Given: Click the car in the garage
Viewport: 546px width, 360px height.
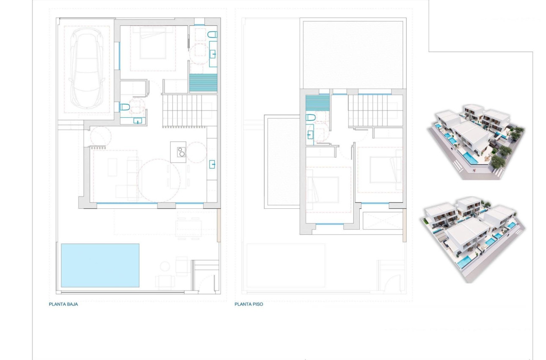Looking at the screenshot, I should point(88,69).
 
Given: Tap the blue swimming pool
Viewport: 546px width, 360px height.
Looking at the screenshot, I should point(100,265).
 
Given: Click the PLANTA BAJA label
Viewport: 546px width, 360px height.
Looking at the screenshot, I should point(63,304).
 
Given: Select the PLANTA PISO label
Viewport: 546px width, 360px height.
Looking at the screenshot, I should point(249,304).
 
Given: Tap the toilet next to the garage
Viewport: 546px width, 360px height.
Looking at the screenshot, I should point(124,107).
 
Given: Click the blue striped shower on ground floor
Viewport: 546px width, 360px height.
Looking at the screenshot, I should point(203,83).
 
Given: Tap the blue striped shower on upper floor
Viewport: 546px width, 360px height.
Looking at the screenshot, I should point(317,103).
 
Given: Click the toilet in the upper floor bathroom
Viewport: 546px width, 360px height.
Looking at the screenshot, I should point(310,117).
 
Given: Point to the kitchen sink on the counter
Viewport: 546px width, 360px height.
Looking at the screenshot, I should point(212,164).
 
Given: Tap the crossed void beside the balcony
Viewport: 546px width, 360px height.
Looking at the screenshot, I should point(382,221).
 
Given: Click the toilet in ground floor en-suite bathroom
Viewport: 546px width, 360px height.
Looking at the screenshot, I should point(212,34).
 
